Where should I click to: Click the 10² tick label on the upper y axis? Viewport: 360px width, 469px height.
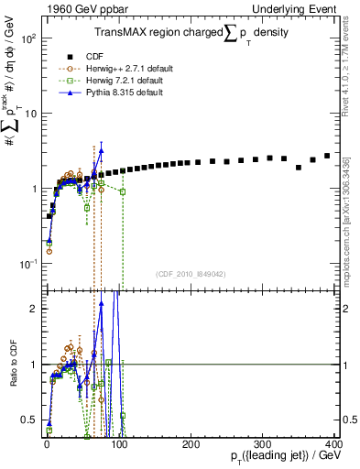pos(29,38)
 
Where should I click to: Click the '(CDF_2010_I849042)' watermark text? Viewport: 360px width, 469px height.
pos(190,273)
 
